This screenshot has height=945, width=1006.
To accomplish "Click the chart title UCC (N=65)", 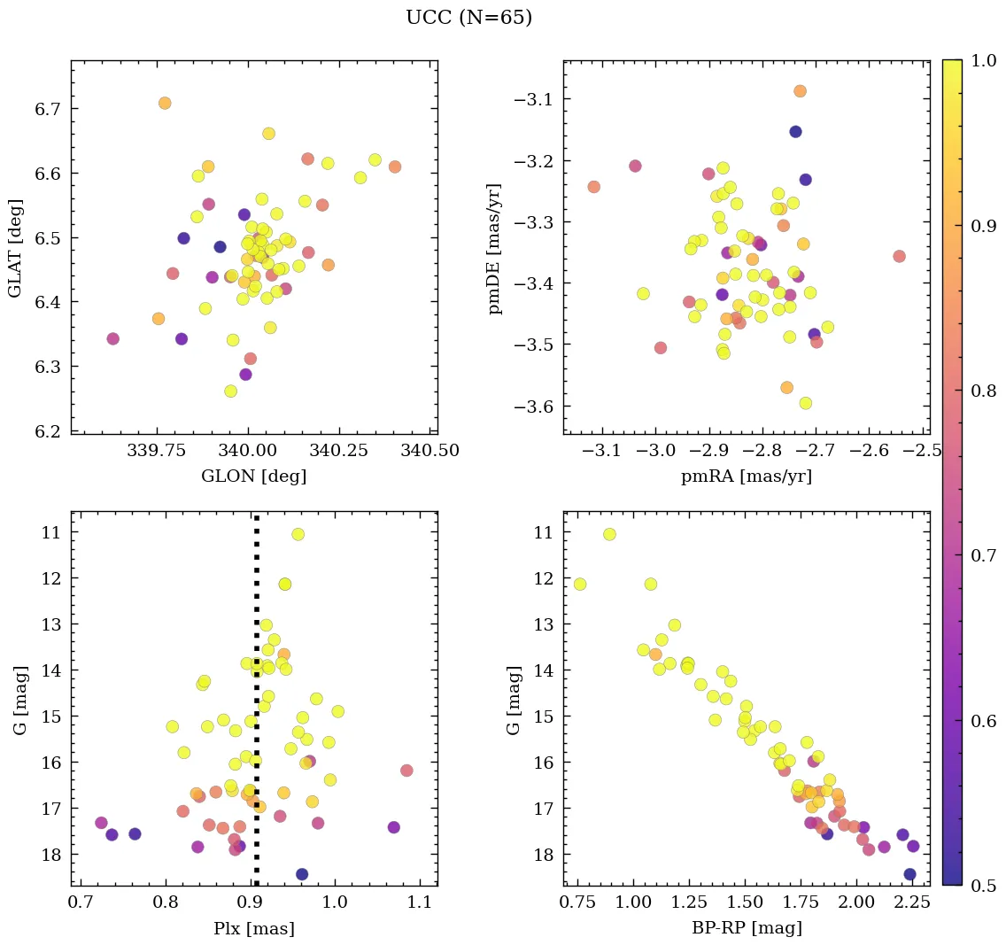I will pyautogui.click(x=468, y=18).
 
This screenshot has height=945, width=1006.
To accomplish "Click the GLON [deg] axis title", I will pyautogui.click(x=253, y=476).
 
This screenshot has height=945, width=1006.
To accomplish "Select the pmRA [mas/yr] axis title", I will pyautogui.click(x=746, y=476).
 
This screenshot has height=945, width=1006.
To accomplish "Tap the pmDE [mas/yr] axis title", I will pyautogui.click(x=495, y=248).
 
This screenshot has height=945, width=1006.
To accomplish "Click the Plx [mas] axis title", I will pyautogui.click(x=253, y=928).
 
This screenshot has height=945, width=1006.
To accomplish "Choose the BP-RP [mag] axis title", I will pyautogui.click(x=746, y=928).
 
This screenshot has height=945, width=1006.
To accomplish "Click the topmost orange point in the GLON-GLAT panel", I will pyautogui.click(x=165, y=104).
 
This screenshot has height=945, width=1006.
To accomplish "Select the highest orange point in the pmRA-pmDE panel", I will pyautogui.click(x=800, y=91).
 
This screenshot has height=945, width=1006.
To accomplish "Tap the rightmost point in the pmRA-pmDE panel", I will pyautogui.click(x=899, y=256).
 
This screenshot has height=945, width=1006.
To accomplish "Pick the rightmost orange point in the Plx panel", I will pyautogui.click(x=406, y=771).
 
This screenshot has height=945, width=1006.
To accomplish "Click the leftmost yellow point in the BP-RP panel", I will pyautogui.click(x=580, y=584).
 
